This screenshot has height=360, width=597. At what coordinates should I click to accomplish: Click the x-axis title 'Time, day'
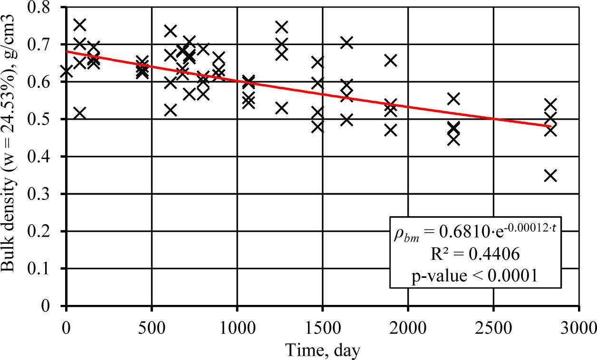[x=323, y=350]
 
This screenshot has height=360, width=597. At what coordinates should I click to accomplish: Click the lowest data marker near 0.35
[x=550, y=176]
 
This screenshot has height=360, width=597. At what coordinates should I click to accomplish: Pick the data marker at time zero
[x=67, y=72]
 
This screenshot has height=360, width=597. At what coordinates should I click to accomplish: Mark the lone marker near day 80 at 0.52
[x=80, y=113]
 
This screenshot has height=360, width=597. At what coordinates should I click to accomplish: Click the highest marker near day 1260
[x=282, y=27]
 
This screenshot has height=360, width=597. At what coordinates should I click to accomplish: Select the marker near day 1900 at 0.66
[x=391, y=60]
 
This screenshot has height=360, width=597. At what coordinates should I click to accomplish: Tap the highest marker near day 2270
[x=454, y=99]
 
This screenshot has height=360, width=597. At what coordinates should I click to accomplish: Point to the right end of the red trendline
[x=550, y=126]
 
